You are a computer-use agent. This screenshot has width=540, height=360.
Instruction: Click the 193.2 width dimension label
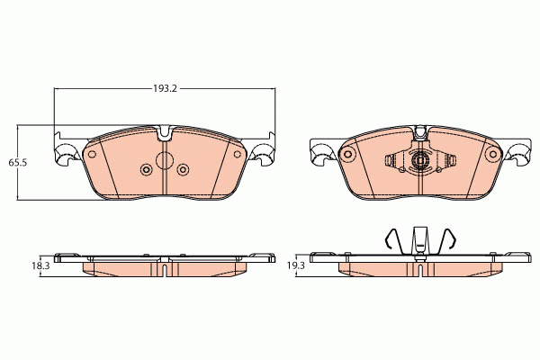point(163,89)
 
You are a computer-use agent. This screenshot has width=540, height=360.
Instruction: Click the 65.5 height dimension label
point(17,163)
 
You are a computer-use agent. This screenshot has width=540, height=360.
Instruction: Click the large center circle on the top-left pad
point(164,161)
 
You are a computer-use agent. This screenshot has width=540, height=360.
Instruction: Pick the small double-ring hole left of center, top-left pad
point(146,170)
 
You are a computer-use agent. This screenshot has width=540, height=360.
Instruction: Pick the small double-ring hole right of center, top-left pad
point(183,170)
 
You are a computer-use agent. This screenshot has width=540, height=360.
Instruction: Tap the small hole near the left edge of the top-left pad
point(91,154)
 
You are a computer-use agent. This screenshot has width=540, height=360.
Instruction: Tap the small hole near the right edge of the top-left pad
point(238,154)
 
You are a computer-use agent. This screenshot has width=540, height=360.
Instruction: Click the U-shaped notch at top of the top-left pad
point(164,136)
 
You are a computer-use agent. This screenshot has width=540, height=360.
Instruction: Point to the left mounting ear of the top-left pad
point(65,155)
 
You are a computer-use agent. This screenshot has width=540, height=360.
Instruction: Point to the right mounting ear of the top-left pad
point(264,155)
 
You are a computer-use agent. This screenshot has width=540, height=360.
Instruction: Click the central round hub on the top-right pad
point(418,163)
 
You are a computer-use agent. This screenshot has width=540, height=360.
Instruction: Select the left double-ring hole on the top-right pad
point(346,155)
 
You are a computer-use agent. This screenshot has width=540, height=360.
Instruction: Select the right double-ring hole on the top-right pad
point(491,155)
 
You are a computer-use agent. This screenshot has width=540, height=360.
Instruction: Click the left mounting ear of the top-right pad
point(319,155)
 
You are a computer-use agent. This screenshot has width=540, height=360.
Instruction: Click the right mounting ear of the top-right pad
point(518,155)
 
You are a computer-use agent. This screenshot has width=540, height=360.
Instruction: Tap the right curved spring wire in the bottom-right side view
point(450,239)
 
